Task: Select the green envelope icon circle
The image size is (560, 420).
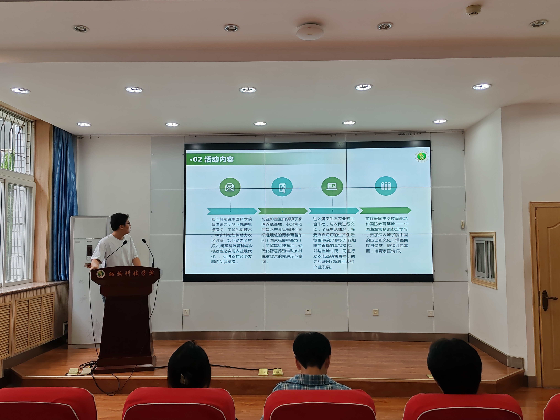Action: (x=230, y=187)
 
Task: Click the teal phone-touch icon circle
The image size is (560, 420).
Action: (x=282, y=187)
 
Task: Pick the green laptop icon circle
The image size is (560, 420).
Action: (x=332, y=187)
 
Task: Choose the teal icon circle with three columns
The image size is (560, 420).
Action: (x=386, y=186)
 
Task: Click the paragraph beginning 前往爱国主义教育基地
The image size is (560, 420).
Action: (x=387, y=235)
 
